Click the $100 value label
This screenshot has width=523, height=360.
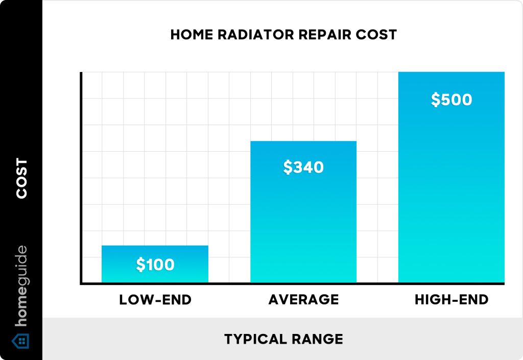[155, 265]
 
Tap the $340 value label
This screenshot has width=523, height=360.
[303, 167]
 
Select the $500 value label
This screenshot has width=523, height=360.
[451, 100]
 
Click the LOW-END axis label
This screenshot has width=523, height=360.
[155, 300]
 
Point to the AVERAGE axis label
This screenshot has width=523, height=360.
[303, 300]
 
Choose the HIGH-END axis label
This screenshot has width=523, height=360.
[451, 300]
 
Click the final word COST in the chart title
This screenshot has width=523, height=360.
[378, 35]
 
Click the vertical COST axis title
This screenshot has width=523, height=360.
[21, 178]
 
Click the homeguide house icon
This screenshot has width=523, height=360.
[21, 341]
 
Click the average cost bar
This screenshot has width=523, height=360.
[303, 225]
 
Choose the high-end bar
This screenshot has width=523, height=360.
[451, 194]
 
